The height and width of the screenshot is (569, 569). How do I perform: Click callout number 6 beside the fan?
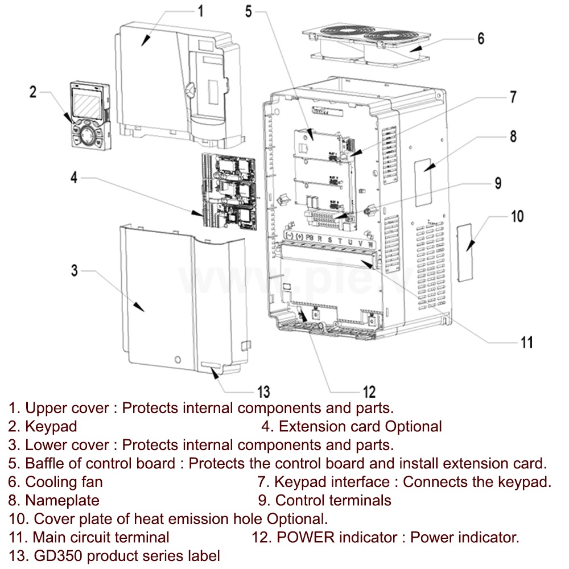click(481, 39)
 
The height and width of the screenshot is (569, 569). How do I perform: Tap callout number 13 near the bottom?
click(263, 391)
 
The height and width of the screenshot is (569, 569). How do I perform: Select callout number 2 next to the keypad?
click(33, 92)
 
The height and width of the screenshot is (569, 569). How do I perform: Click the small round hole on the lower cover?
click(178, 360)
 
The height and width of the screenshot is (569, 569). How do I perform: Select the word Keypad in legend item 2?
click(51, 426)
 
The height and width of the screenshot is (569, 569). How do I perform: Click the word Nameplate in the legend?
click(62, 501)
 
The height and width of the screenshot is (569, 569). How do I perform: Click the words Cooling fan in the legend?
click(64, 482)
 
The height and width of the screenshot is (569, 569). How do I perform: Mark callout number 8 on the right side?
click(513, 137)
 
